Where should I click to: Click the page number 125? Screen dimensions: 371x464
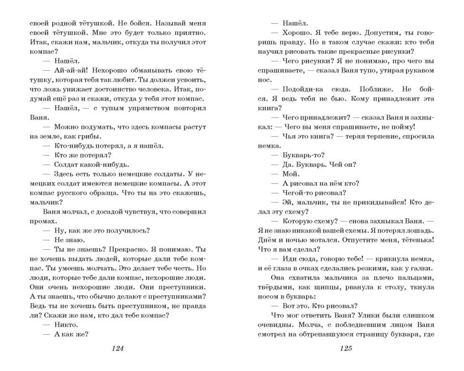click(x=346, y=348)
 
